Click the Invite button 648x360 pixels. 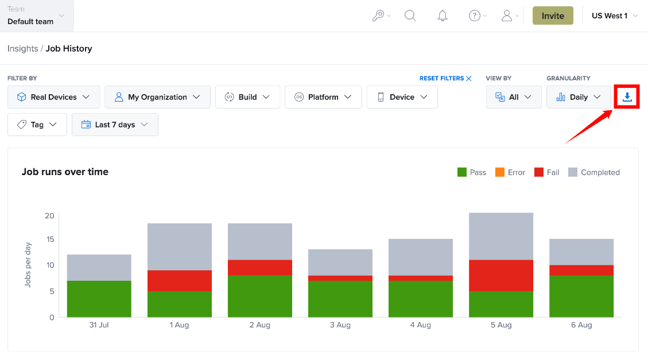(553, 16)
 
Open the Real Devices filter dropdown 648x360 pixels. (54, 97)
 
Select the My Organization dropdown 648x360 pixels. (157, 97)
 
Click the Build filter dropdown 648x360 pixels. (247, 97)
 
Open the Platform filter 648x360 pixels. (323, 97)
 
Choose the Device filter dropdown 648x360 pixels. (402, 97)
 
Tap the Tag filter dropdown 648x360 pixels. (37, 125)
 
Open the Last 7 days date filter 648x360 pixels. (115, 125)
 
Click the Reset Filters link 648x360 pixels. (445, 78)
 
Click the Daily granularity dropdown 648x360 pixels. (579, 97)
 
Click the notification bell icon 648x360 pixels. (443, 16)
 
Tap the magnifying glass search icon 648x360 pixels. (410, 16)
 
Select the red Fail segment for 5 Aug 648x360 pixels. (501, 276)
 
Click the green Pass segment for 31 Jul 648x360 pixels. (99, 299)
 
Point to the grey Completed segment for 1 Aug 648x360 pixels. (180, 247)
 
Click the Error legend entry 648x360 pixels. (510, 172)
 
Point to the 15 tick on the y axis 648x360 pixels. (50, 239)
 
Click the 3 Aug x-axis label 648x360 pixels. (340, 325)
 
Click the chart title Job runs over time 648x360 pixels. (65, 172)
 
